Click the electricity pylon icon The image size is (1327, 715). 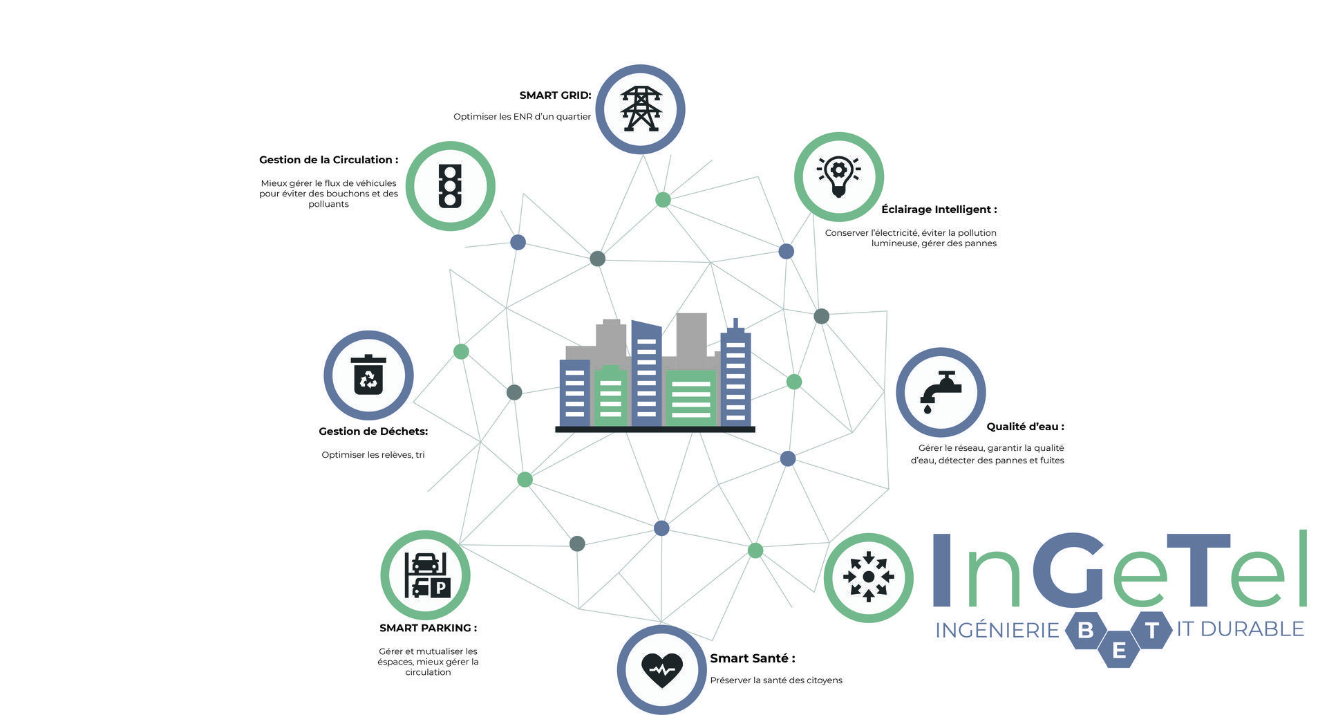click(x=641, y=109)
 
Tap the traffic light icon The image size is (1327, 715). click(x=450, y=186)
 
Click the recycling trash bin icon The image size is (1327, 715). click(x=368, y=375)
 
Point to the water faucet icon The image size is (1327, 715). click(x=940, y=392)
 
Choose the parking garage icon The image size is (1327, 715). click(x=427, y=575)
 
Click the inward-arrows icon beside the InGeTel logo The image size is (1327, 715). click(x=868, y=576)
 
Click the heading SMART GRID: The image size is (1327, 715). click(x=555, y=95)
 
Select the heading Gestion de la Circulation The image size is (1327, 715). click(x=328, y=160)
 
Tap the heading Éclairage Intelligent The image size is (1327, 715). click(x=939, y=210)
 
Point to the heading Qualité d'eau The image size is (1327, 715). click(x=1025, y=427)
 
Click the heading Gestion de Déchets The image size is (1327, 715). click(x=373, y=431)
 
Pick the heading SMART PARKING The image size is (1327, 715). click(x=428, y=628)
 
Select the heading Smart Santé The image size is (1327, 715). click(x=753, y=658)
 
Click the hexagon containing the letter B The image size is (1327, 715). click(x=1086, y=630)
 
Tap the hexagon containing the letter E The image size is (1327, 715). click(x=1119, y=649)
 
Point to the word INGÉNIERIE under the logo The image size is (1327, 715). click(x=997, y=630)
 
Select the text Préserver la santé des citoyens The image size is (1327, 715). click(x=776, y=680)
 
